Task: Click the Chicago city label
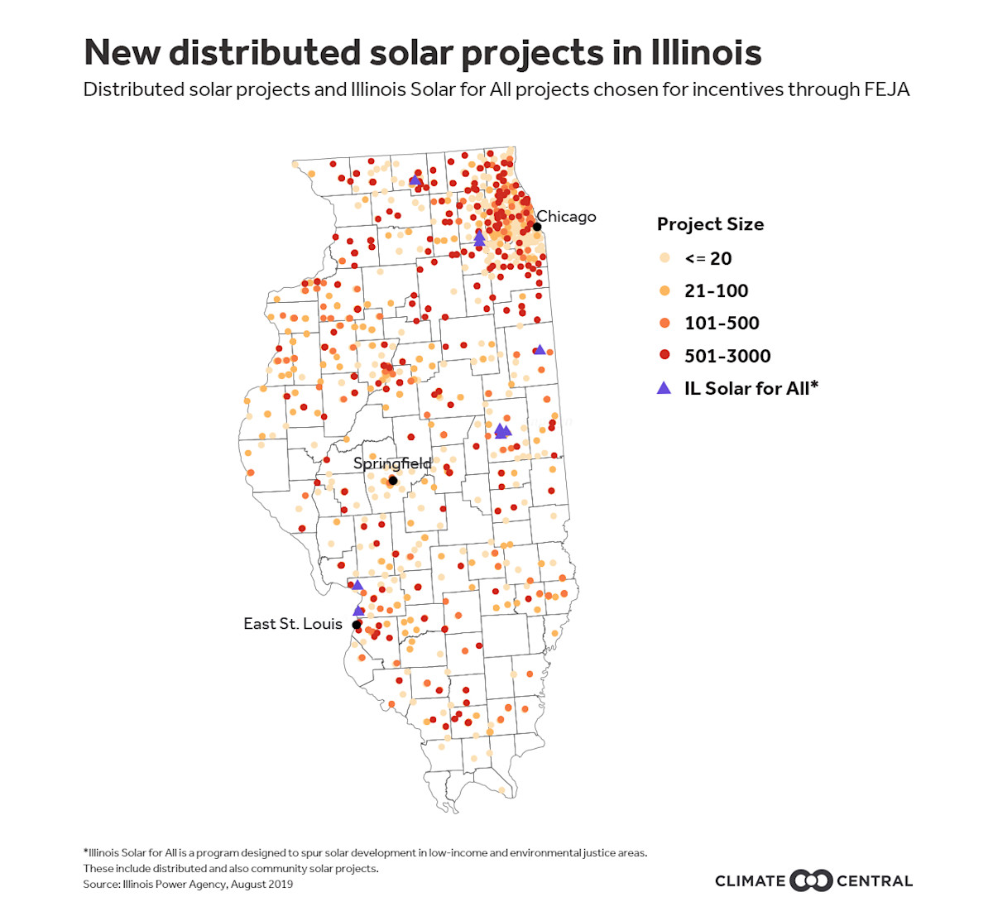567,217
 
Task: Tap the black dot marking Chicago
537,227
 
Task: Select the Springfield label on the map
392,463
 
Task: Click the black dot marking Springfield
393,481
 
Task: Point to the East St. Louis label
292,624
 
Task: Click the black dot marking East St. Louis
357,626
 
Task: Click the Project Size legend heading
710,224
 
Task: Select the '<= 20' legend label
708,258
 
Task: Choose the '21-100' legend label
716,290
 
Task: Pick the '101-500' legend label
722,323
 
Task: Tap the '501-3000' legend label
727,356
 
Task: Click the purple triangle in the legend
664,388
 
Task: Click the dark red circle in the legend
664,355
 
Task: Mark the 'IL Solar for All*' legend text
751,388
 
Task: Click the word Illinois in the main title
706,52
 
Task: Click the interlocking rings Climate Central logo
811,880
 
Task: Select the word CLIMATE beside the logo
750,881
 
